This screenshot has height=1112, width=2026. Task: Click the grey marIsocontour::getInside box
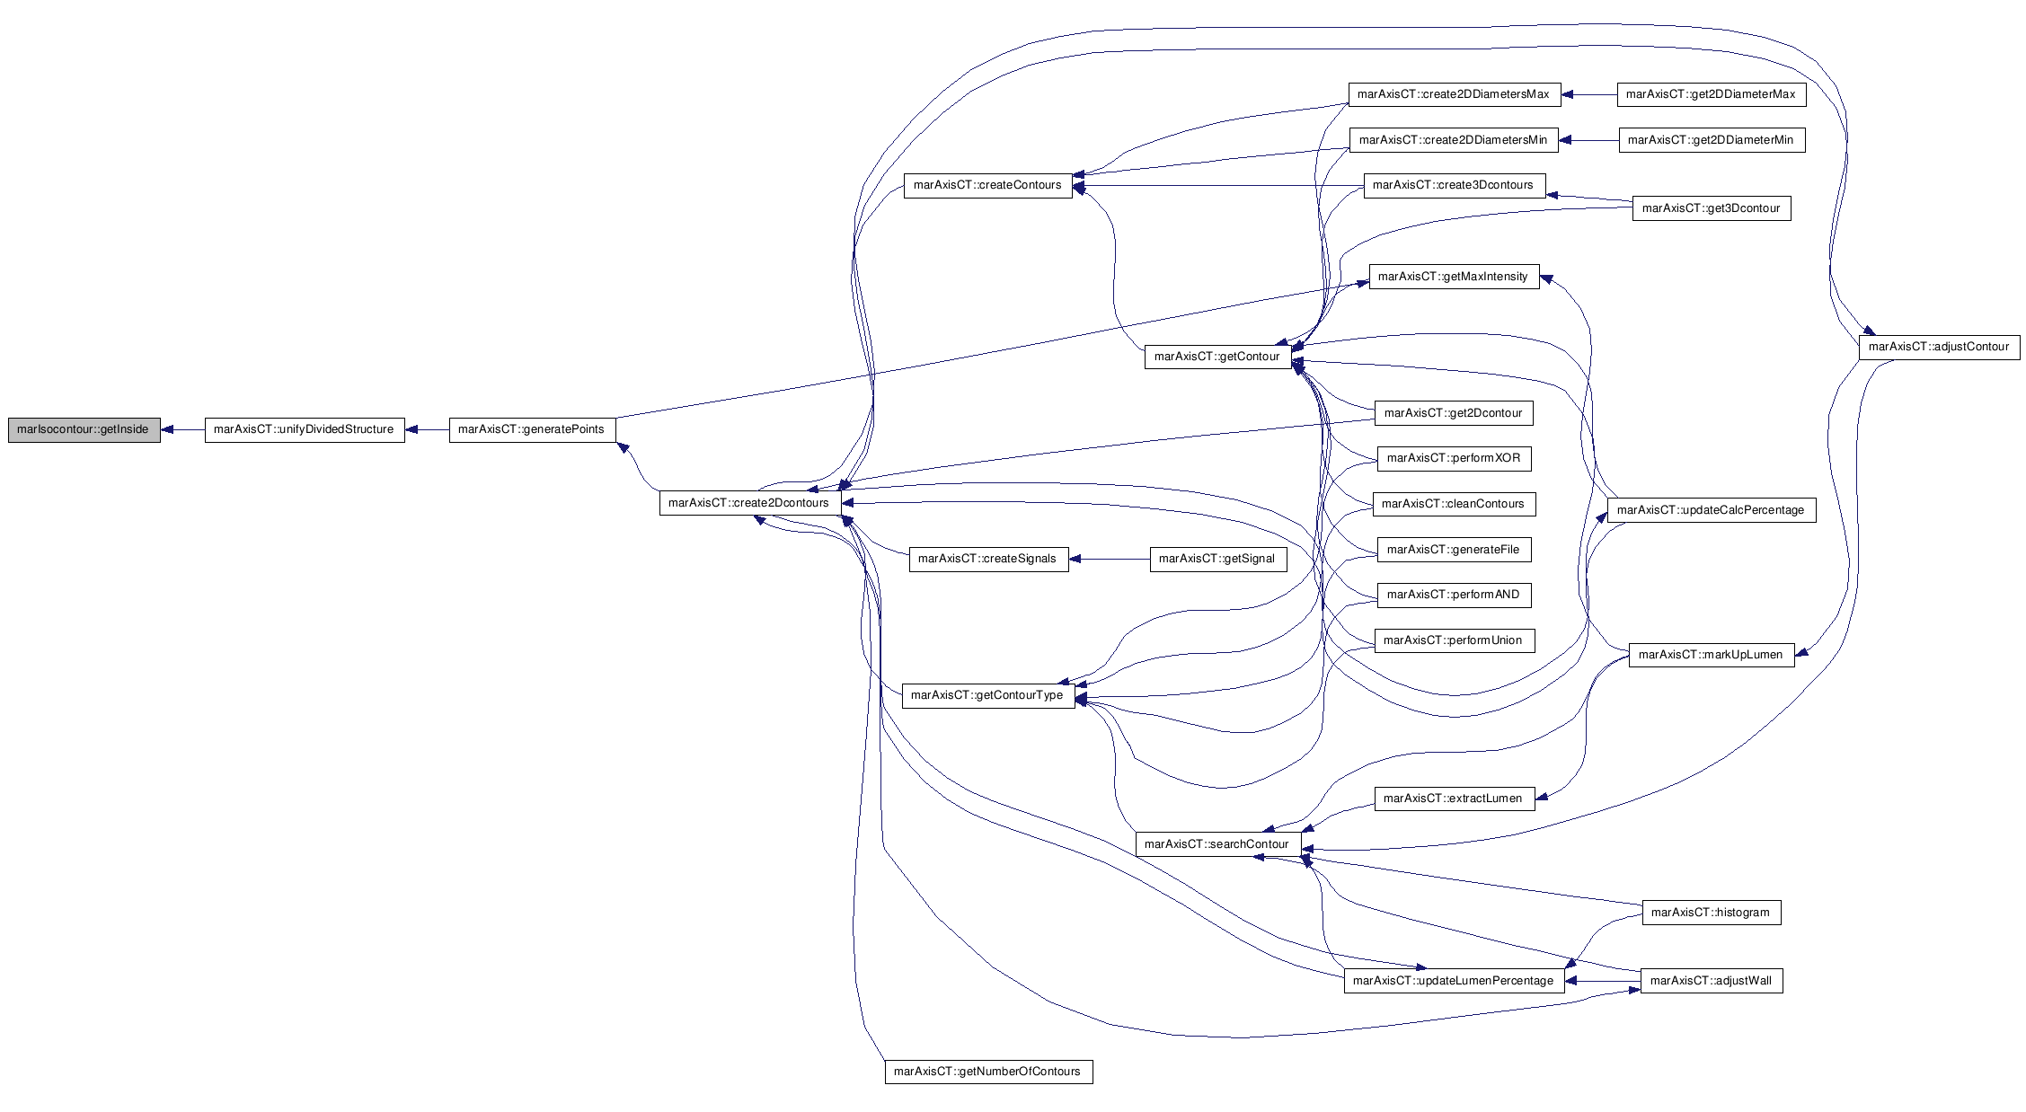pos(84,430)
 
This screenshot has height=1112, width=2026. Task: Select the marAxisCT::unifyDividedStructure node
pos(305,430)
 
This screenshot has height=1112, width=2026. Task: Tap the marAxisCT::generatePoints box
pos(532,430)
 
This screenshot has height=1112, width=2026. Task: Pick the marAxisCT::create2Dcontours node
pos(750,503)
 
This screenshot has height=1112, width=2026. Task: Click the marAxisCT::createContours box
pos(987,186)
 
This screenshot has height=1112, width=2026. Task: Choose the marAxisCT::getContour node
pos(1217,357)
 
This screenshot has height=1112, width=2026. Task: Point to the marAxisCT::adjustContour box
pos(1939,347)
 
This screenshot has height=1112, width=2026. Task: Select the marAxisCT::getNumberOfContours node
pos(988,1072)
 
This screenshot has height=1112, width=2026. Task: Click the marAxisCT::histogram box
pos(1711,913)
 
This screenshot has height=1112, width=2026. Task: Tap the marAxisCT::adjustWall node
pos(1712,981)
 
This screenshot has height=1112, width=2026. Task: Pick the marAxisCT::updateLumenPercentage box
pos(1454,981)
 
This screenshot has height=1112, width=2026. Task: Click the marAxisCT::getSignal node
pos(1218,559)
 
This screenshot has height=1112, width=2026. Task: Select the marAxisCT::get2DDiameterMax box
pos(1712,94)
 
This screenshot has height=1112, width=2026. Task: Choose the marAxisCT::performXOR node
pos(1454,458)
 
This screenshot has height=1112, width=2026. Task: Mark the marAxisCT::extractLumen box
pos(1454,799)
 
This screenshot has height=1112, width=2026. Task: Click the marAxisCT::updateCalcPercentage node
pos(1711,510)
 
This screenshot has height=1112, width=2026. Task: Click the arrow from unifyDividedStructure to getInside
pos(182,430)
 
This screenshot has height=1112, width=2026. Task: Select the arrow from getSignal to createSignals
pos(1110,559)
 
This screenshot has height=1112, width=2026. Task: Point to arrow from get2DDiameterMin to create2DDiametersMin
pos(1588,140)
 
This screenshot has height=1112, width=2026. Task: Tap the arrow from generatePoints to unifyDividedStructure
pos(427,430)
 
